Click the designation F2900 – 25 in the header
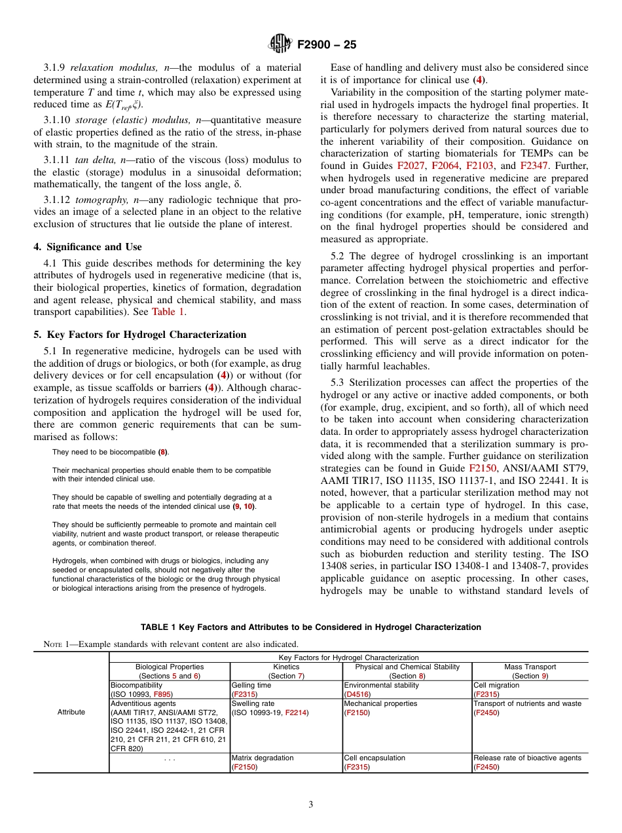point(327,45)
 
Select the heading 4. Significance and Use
point(88,247)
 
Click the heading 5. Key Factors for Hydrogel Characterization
point(140,334)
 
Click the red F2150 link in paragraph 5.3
point(483,468)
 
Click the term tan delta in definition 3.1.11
point(97,160)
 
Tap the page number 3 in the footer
point(311,805)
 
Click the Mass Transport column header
point(530,667)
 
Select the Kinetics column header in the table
point(287,667)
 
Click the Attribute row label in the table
point(71,712)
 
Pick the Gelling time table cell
point(251,685)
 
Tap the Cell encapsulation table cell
point(375,758)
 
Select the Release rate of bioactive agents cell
point(527,758)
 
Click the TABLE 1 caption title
point(310,627)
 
